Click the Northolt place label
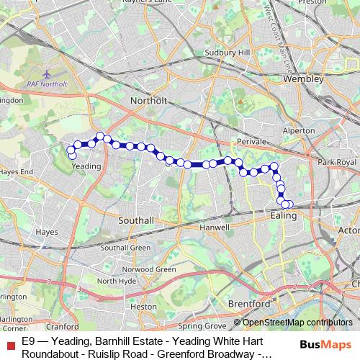tap(149, 101)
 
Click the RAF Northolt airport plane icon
tap(48, 74)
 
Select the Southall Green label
tap(125, 248)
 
